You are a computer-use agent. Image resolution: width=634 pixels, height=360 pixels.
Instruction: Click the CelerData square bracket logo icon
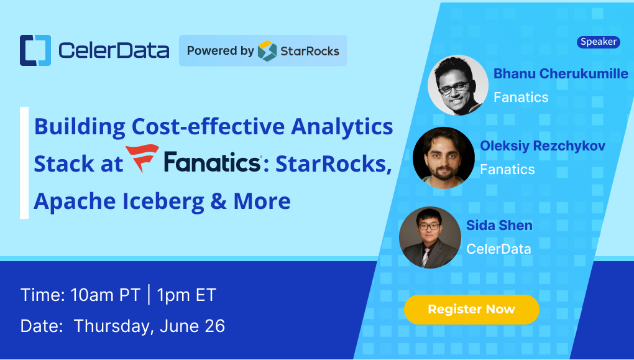point(35,50)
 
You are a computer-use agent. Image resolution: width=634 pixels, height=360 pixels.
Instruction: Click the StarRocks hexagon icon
point(267,51)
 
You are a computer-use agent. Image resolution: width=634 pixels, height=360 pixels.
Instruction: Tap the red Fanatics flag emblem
point(142,158)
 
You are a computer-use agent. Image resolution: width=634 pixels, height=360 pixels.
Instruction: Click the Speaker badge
point(599,42)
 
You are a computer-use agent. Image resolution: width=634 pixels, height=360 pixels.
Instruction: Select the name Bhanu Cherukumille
point(561,73)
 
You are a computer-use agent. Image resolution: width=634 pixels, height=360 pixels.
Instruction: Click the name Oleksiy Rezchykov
point(543,145)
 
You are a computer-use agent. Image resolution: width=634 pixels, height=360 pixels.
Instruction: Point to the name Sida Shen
point(499,225)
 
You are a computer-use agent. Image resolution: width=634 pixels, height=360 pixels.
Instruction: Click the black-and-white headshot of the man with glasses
point(458,85)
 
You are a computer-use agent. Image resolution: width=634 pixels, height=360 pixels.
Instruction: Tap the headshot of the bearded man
point(444,157)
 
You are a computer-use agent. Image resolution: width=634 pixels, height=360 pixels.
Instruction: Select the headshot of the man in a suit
point(430,238)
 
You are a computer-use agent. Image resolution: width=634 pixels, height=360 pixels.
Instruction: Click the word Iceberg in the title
point(163,201)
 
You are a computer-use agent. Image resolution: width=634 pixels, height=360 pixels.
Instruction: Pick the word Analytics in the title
point(342,127)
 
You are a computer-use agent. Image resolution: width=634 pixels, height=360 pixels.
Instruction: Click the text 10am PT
point(105,295)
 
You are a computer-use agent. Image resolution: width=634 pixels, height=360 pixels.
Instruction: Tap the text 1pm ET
point(187,295)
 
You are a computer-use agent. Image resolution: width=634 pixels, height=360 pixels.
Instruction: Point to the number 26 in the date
point(214,326)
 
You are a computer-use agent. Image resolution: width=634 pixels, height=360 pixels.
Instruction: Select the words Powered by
point(221,51)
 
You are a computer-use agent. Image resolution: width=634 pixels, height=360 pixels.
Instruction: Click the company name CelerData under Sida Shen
point(498,249)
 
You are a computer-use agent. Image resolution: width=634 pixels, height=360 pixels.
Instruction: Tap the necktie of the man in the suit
point(425,257)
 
